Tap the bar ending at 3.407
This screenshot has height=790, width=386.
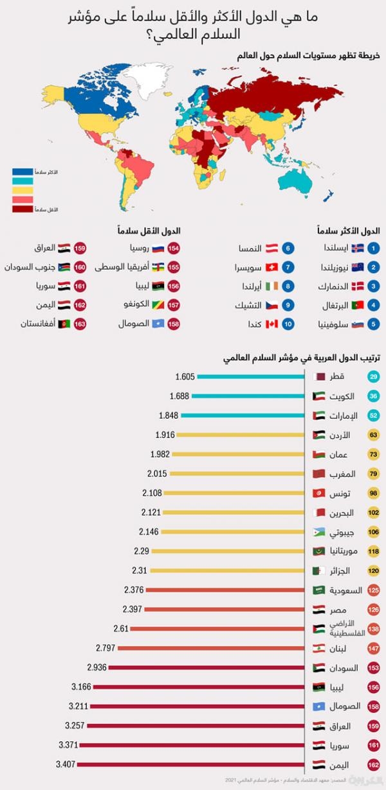click(x=193, y=765)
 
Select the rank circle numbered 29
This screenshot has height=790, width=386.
click(x=373, y=377)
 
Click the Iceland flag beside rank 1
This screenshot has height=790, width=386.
click(x=357, y=247)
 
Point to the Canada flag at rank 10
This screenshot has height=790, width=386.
click(x=271, y=324)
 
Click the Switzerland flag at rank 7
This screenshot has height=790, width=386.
click(x=271, y=267)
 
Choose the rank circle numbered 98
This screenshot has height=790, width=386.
click(x=373, y=493)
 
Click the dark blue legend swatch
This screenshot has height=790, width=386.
click(x=24, y=173)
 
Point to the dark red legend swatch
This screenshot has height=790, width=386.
click(x=24, y=209)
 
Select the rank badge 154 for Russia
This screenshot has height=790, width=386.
click(x=173, y=247)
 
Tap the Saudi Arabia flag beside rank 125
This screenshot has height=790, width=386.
click(x=318, y=590)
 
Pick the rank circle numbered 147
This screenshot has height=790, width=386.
click(x=373, y=649)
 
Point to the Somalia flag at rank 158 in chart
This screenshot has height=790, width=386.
click(x=318, y=707)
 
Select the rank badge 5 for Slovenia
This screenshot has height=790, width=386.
click(x=374, y=324)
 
